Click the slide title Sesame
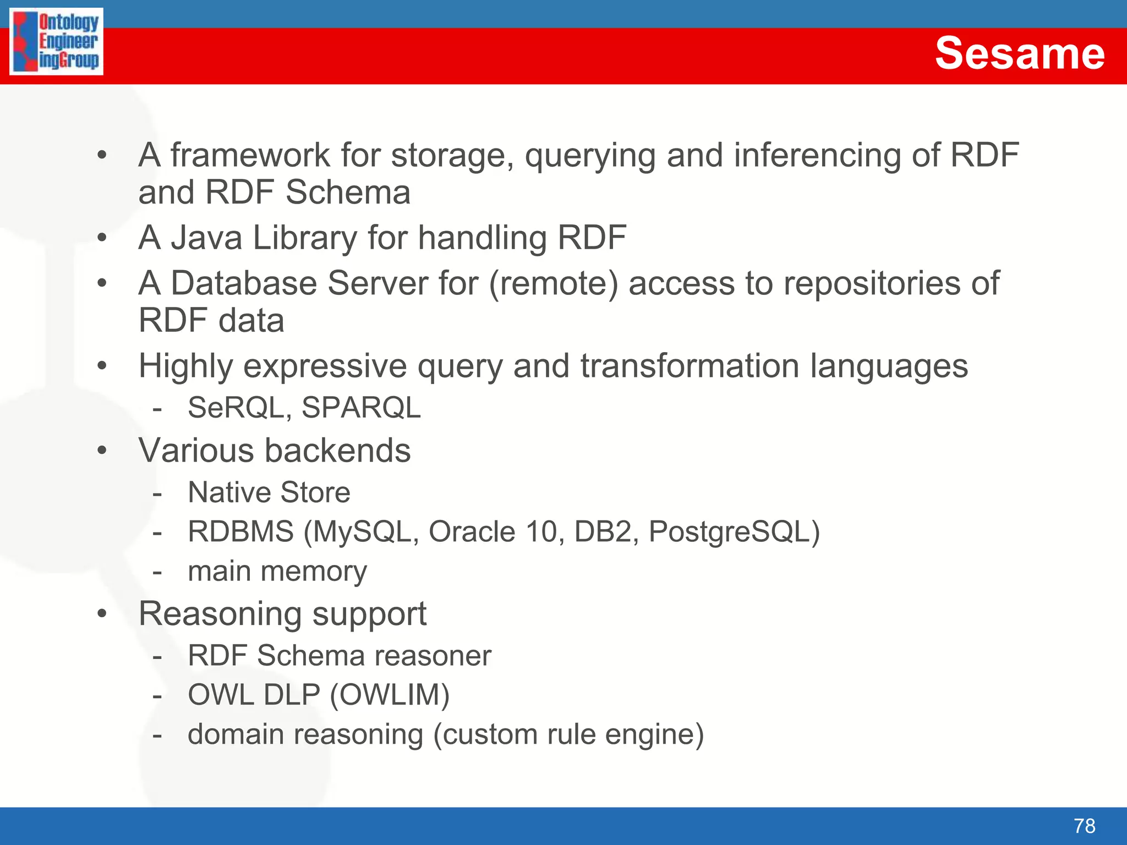[1019, 53]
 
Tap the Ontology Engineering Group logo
[56, 41]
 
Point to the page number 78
[1084, 826]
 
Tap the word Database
[244, 283]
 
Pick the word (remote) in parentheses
[553, 283]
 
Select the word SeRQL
[236, 408]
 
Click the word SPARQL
[361, 408]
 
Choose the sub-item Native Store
[269, 492]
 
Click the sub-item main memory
[277, 571]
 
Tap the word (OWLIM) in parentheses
[390, 694]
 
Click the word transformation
[690, 366]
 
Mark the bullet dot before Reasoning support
[102, 613]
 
